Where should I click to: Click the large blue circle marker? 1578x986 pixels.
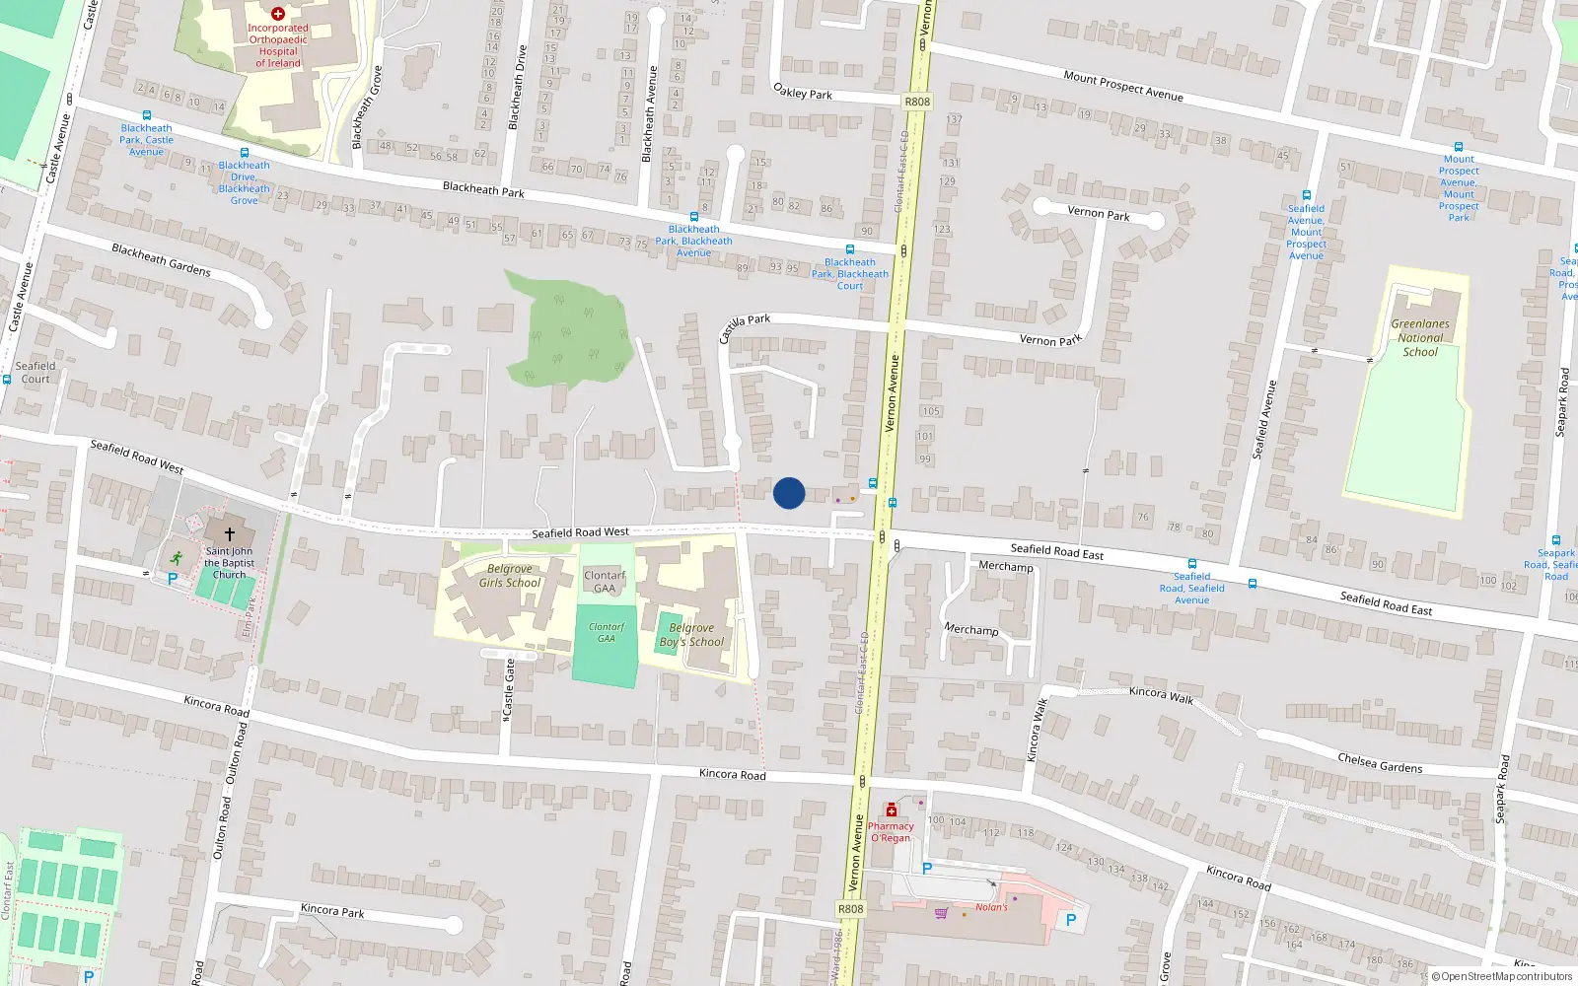[x=789, y=493]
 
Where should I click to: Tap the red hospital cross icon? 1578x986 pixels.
[x=278, y=14]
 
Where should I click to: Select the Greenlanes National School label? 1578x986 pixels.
[x=1420, y=337]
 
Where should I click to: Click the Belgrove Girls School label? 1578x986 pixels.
[x=509, y=576]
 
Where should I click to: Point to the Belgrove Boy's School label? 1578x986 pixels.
[x=691, y=635]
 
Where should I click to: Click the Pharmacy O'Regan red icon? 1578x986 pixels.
[x=892, y=810]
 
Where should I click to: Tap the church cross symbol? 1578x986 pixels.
[x=230, y=534]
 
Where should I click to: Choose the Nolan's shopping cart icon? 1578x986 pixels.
[x=941, y=913]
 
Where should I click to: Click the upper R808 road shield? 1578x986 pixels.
[x=917, y=102]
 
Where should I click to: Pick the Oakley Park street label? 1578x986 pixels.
[x=803, y=92]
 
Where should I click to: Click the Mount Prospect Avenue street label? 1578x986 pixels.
[x=1123, y=86]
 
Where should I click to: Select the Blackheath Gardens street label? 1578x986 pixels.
[x=161, y=259]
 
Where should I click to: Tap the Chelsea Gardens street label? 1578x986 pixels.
[x=1380, y=762]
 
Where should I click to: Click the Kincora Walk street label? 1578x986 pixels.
[x=1161, y=695]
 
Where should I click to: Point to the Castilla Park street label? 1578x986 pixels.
[x=745, y=327]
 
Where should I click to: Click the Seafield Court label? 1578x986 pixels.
[x=36, y=372]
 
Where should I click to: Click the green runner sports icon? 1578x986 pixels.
[x=176, y=557]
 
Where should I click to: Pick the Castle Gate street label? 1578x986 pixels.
[x=509, y=687]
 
